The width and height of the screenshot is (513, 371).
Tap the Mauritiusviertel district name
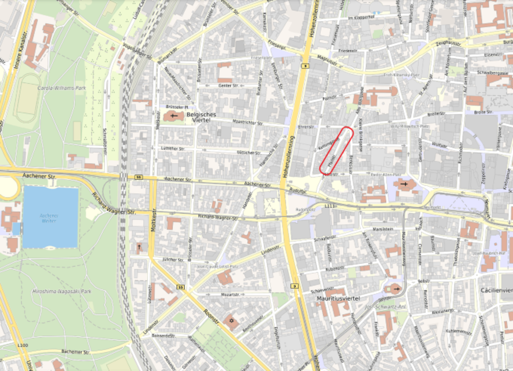coord(338,298)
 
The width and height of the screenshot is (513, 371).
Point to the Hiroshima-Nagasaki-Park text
coord(62,291)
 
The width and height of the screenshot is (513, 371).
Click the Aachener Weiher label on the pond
coord(49,218)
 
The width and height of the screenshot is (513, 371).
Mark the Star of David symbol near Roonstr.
coord(231,320)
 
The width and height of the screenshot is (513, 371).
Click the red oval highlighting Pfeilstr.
coord(336,151)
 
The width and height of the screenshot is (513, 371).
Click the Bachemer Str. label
coord(75,352)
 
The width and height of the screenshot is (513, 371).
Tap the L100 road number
coord(23,345)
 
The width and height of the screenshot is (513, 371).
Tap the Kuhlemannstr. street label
coord(459,331)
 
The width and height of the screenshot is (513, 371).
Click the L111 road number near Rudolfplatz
coord(329,206)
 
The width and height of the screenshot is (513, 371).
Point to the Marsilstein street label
coord(383,229)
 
